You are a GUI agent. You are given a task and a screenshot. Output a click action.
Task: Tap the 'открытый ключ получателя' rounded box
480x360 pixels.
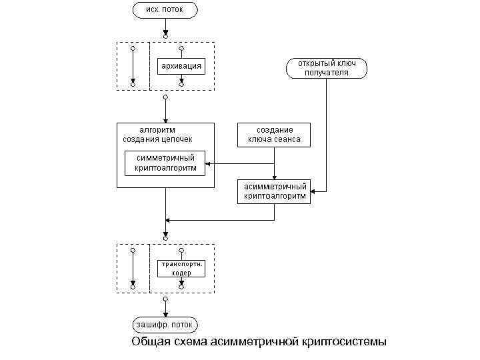[x=327, y=67]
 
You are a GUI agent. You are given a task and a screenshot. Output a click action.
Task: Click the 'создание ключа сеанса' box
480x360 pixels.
[x=275, y=134]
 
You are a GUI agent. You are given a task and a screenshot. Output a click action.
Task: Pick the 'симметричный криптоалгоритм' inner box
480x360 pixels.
[x=165, y=163]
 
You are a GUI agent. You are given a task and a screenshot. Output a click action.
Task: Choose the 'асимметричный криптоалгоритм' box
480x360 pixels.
[x=275, y=191]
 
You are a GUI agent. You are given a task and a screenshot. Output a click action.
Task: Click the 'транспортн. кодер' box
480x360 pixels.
[x=181, y=268]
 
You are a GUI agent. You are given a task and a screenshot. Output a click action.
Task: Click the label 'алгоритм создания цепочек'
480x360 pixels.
[x=157, y=134]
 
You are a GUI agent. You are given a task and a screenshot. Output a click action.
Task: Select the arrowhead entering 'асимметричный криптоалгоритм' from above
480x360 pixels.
[x=275, y=176]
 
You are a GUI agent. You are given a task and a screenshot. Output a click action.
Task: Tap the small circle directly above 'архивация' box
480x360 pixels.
[x=181, y=49]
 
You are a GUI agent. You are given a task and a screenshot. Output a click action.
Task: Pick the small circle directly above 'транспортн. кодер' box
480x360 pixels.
[x=181, y=251]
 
